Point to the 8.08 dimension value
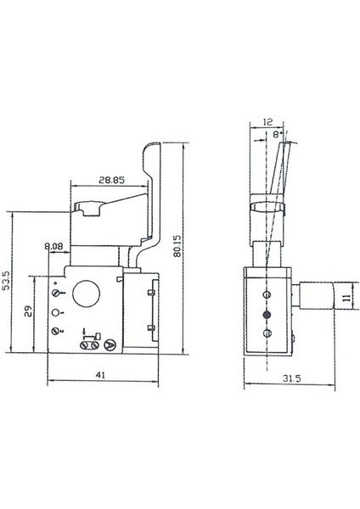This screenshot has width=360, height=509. (x=53, y=248)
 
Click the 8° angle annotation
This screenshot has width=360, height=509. (x=278, y=133)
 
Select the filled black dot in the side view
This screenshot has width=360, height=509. (x=267, y=314)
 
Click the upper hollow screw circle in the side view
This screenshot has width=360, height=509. (x=267, y=294)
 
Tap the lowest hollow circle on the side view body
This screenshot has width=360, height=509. (x=267, y=334)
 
